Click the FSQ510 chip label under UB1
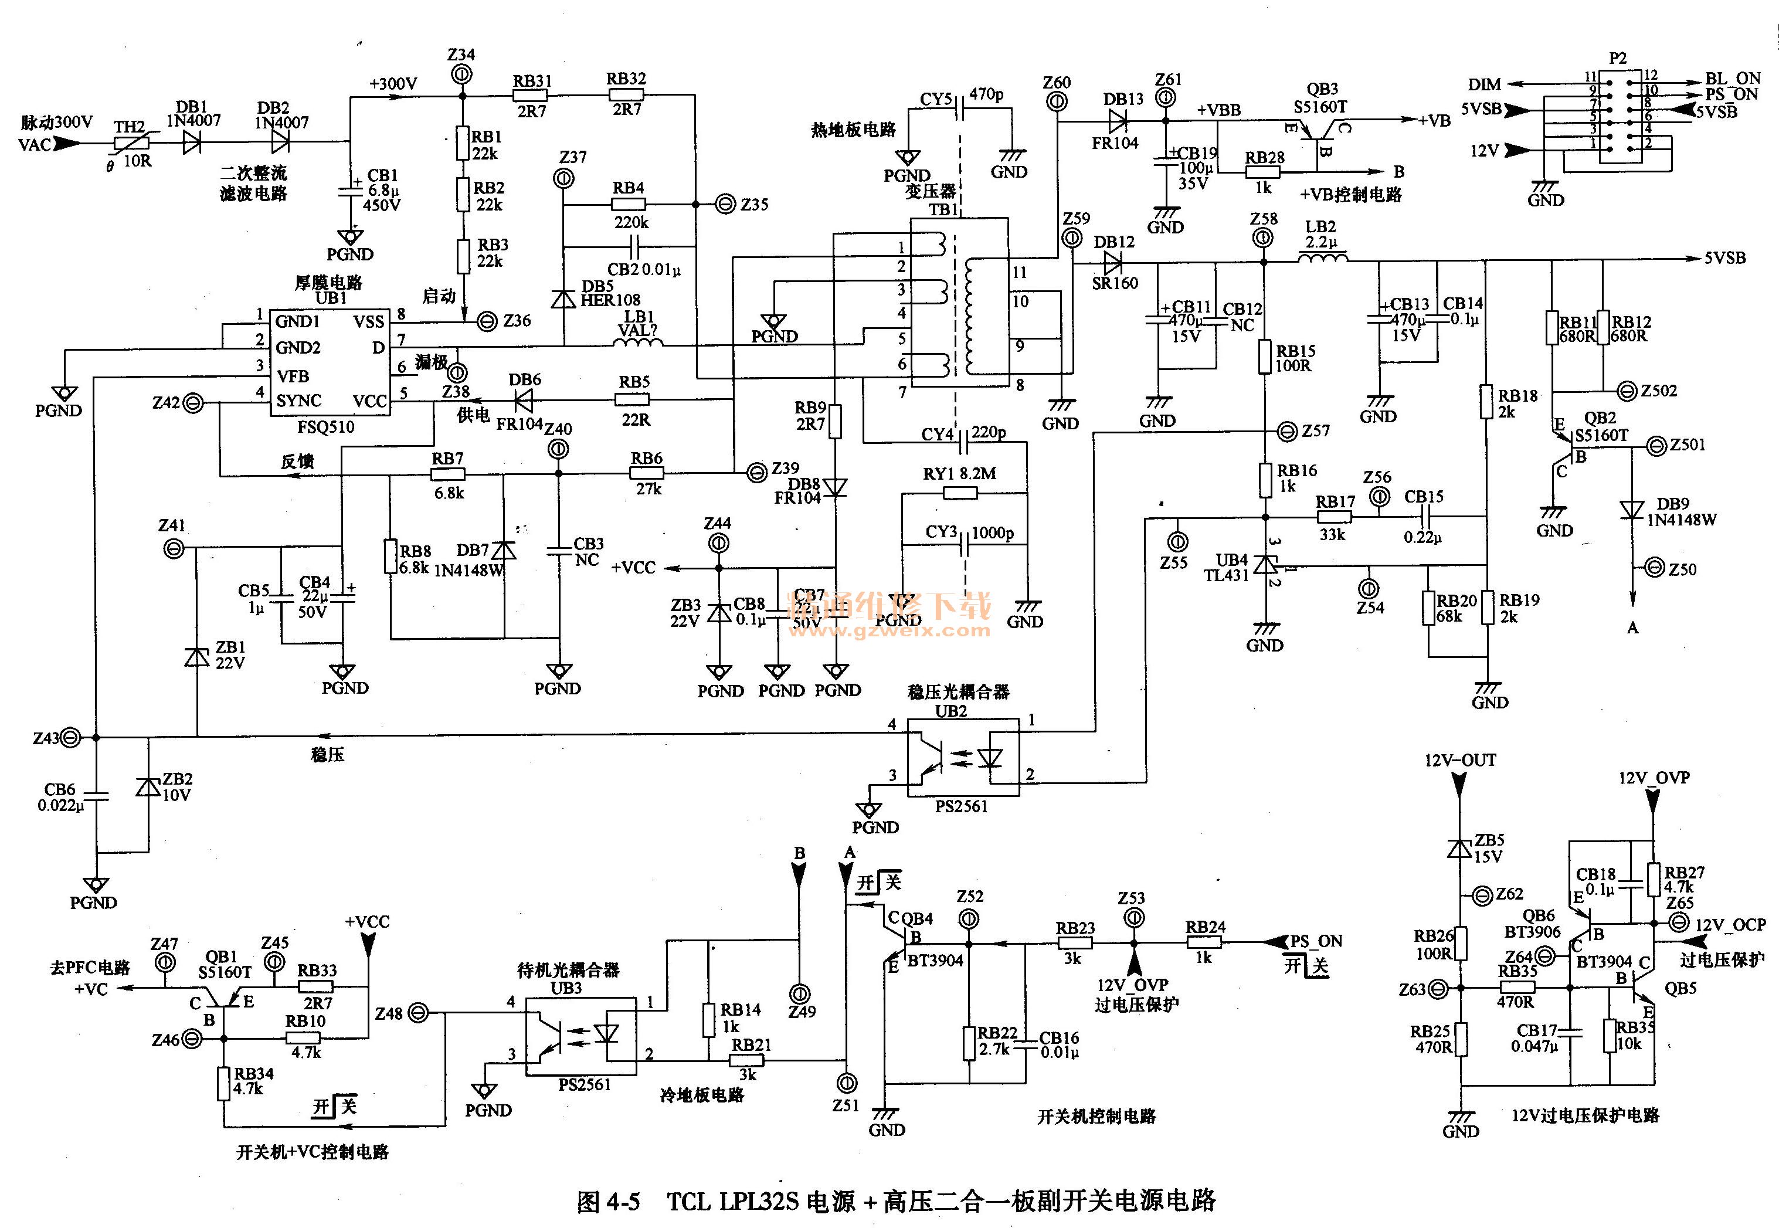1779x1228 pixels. coord(325,426)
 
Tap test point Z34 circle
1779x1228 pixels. coord(461,74)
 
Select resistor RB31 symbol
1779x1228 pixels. coord(531,96)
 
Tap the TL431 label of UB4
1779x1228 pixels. coord(1226,575)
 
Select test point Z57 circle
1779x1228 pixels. coord(1287,432)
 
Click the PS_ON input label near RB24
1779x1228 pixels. coord(1316,941)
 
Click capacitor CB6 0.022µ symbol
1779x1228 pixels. coord(96,796)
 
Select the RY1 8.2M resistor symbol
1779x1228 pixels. coord(960,493)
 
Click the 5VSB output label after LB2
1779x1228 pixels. coord(1724,258)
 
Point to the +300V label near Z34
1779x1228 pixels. coord(393,84)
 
